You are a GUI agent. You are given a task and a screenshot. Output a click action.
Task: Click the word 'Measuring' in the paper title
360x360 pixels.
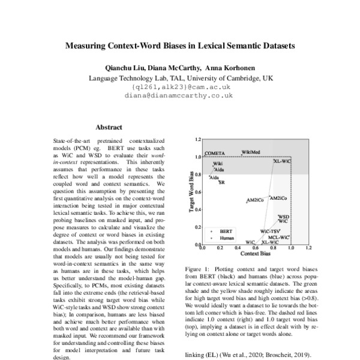[93, 44]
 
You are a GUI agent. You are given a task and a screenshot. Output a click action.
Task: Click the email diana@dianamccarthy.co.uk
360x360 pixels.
[181, 95]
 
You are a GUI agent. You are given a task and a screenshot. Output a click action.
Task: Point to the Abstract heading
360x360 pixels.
[109, 127]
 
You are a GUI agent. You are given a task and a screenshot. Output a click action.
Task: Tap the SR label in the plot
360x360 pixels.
[221, 182]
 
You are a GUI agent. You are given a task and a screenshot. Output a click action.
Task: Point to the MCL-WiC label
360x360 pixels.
[279, 237]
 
